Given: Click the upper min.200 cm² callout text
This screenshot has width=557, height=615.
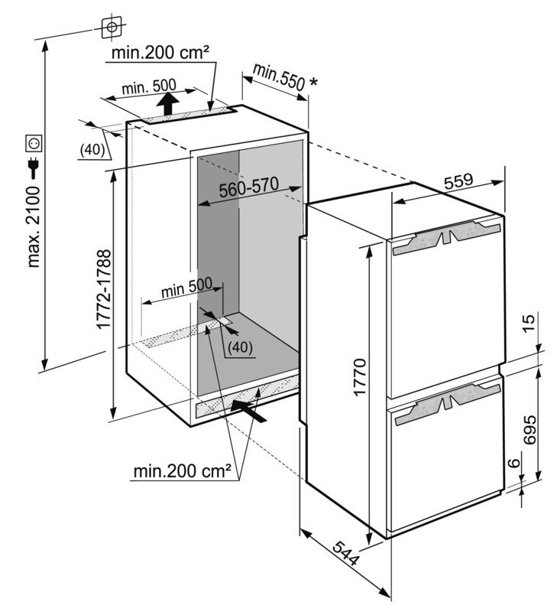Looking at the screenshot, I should tap(160, 54).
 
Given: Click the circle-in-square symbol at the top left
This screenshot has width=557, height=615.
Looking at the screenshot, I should tap(112, 27).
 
